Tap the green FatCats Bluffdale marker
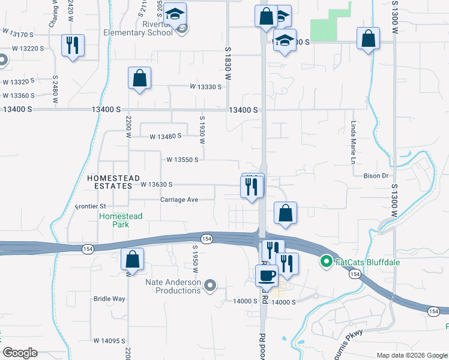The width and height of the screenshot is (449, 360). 327,262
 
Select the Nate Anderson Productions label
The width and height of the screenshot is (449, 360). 173,286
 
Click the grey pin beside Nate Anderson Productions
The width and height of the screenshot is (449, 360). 210,286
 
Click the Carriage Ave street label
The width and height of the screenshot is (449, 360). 179,200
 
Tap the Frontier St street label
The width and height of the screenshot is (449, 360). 90,206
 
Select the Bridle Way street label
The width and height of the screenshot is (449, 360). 109,298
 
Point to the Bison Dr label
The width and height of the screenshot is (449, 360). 377,176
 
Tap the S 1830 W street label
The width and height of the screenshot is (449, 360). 228,63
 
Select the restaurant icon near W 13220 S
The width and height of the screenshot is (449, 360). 73,46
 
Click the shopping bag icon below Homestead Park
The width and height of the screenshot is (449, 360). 132,259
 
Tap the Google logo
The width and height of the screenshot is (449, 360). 20,353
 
